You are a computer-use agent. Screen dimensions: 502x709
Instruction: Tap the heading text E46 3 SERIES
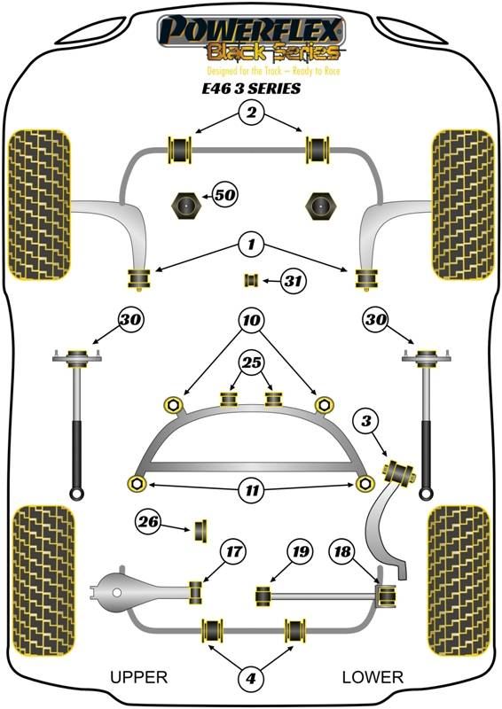pyautogui.click(x=251, y=88)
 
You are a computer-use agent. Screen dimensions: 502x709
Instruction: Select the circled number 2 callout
pyautogui.click(x=251, y=112)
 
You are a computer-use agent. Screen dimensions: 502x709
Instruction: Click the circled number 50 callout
pyautogui.click(x=225, y=195)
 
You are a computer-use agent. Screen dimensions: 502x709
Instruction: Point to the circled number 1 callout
pyautogui.click(x=251, y=245)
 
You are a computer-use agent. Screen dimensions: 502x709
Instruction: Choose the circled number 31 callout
pyautogui.click(x=293, y=281)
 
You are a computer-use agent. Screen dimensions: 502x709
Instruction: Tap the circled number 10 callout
pyautogui.click(x=251, y=321)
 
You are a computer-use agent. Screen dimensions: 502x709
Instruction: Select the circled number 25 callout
pyautogui.click(x=252, y=362)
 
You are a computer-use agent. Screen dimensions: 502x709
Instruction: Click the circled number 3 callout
pyautogui.click(x=366, y=422)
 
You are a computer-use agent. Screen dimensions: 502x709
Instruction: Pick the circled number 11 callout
pyautogui.click(x=252, y=490)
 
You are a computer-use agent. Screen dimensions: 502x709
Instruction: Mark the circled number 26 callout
pyautogui.click(x=148, y=522)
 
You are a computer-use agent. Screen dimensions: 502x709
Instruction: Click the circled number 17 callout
pyautogui.click(x=233, y=551)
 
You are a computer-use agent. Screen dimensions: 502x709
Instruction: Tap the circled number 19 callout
pyautogui.click(x=300, y=551)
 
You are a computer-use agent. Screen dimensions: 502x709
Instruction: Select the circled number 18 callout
pyautogui.click(x=342, y=551)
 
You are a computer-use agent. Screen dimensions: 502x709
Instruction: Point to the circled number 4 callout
pyautogui.click(x=251, y=678)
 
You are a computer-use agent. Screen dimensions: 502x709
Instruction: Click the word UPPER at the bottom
pyautogui.click(x=139, y=677)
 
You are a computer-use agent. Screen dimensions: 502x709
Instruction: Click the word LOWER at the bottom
pyautogui.click(x=373, y=677)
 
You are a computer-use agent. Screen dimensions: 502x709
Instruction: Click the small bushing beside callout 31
pyautogui.click(x=251, y=280)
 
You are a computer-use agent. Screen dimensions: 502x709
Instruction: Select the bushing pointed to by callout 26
pyautogui.click(x=201, y=531)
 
